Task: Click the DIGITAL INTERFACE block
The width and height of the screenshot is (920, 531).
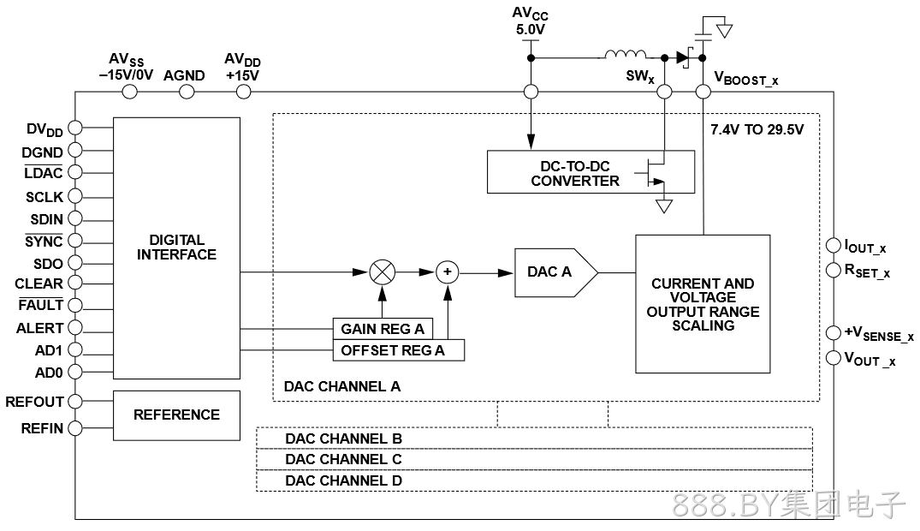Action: tap(176, 248)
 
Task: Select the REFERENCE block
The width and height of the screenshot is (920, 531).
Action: tap(176, 415)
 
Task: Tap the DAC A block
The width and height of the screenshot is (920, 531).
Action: tap(555, 272)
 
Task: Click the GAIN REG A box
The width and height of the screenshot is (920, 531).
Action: tap(383, 329)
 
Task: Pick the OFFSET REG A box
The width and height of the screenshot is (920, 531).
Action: tap(399, 350)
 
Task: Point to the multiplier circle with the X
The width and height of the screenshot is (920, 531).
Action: tap(383, 272)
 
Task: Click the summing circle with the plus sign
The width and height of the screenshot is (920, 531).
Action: tap(448, 272)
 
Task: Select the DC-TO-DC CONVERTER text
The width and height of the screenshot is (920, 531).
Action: tap(575, 173)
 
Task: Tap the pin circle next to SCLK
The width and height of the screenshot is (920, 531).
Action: tap(75, 196)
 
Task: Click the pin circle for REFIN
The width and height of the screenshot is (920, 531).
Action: tap(75, 428)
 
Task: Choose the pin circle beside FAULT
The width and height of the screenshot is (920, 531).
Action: tap(75, 306)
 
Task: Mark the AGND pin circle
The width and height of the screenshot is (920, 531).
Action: tap(187, 92)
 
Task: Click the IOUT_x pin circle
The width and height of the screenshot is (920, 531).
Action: tap(834, 245)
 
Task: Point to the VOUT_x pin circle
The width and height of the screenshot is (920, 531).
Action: tap(834, 358)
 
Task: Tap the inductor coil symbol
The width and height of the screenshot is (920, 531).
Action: tap(626, 55)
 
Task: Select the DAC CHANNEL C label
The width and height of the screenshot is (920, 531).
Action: tap(343, 459)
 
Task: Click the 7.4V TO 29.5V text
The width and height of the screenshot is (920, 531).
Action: tap(757, 130)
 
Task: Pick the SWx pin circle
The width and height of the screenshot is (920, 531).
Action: tap(664, 92)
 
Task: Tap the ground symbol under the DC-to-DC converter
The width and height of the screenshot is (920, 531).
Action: tap(663, 206)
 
